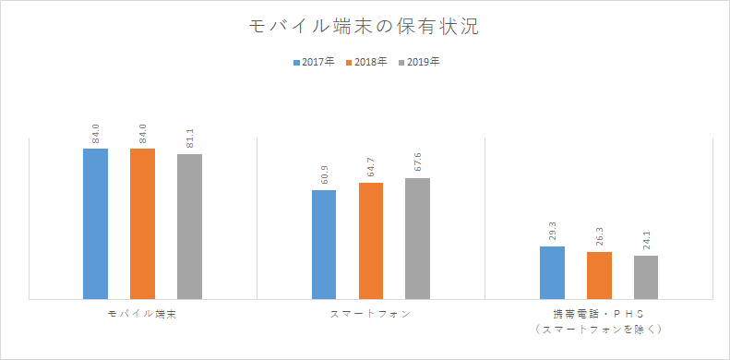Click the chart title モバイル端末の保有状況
(x=365, y=27)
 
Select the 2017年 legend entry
(x=313, y=63)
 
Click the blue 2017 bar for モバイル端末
(x=95, y=223)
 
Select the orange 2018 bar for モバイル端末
(x=142, y=223)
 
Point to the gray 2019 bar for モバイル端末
(x=189, y=226)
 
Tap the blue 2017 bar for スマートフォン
(x=324, y=245)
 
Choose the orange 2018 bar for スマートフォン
(x=371, y=241)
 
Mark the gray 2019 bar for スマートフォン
(x=417, y=238)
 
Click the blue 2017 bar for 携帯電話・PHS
(x=552, y=272)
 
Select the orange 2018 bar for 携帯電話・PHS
(x=599, y=275)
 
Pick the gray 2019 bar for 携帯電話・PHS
(x=646, y=277)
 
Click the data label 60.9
(x=324, y=175)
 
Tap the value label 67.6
(x=417, y=163)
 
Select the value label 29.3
(x=552, y=232)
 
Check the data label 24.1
(x=646, y=241)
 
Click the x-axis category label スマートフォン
(x=371, y=315)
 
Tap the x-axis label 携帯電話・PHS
(x=599, y=315)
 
